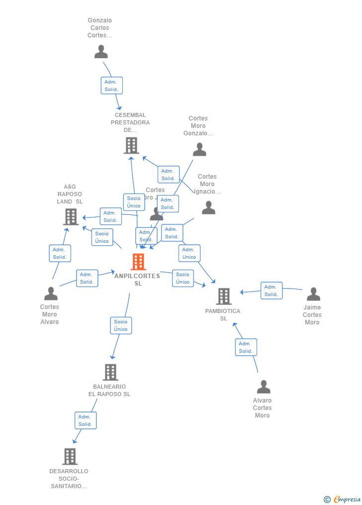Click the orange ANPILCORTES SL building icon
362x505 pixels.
click(x=138, y=262)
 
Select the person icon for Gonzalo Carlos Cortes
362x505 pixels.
click(x=101, y=52)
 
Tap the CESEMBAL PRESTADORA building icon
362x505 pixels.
click(x=131, y=145)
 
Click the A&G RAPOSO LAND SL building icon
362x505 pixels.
click(x=71, y=216)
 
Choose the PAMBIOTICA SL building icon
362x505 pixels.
click(x=224, y=297)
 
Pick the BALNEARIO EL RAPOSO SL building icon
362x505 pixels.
click(x=110, y=372)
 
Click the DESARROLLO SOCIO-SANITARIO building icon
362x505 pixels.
click(x=70, y=456)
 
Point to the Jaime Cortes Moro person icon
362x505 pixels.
click(x=313, y=294)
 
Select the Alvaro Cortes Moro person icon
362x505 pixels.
click(x=264, y=387)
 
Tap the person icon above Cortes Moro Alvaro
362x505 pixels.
click(x=51, y=294)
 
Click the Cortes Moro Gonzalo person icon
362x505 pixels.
click(x=199, y=149)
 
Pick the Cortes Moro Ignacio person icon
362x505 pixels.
click(x=208, y=207)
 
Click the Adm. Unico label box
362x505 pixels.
click(x=189, y=253)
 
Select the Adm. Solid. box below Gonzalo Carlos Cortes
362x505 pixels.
click(x=111, y=86)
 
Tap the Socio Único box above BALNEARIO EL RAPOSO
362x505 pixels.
click(x=121, y=325)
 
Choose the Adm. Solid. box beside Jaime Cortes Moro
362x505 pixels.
click(x=271, y=291)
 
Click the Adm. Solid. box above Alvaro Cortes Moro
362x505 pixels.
click(x=246, y=347)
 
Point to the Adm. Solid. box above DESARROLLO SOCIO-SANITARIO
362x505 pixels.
click(x=86, y=420)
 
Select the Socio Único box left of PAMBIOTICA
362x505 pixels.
click(x=182, y=278)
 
